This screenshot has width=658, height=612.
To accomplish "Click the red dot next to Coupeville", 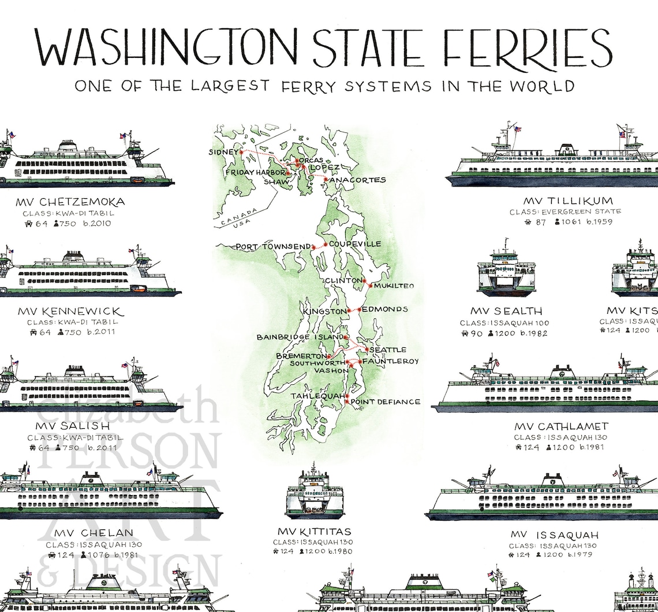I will (x=326, y=245).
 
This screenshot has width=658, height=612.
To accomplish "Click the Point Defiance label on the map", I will (x=386, y=402).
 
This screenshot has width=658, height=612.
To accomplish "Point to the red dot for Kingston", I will (x=350, y=311).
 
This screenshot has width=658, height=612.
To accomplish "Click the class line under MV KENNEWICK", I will (x=72, y=322).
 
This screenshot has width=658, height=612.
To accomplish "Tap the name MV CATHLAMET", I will (x=561, y=427).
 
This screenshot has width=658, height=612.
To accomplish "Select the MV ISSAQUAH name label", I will (x=554, y=535).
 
